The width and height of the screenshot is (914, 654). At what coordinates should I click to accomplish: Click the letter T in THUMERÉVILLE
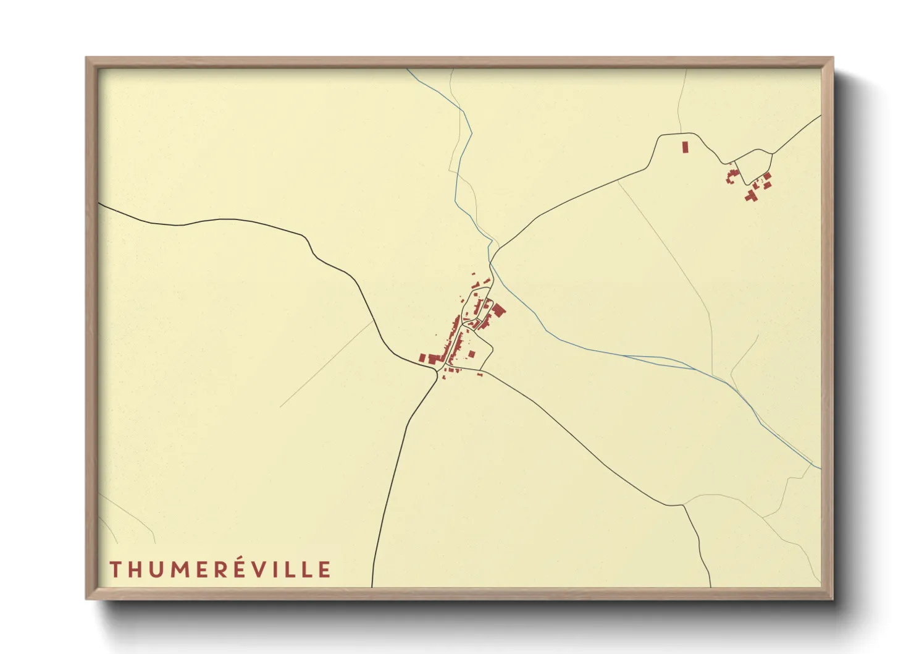point(115,569)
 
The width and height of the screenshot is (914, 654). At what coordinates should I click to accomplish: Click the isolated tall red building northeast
point(685,147)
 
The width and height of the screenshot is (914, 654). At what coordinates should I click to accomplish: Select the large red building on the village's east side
point(498,310)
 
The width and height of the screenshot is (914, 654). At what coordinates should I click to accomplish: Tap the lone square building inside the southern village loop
point(472,354)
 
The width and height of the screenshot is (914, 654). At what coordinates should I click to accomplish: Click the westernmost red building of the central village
point(422,358)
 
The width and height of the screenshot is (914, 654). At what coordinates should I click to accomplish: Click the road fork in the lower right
point(683,505)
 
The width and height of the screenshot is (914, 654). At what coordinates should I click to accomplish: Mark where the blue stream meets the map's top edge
point(407,69)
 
